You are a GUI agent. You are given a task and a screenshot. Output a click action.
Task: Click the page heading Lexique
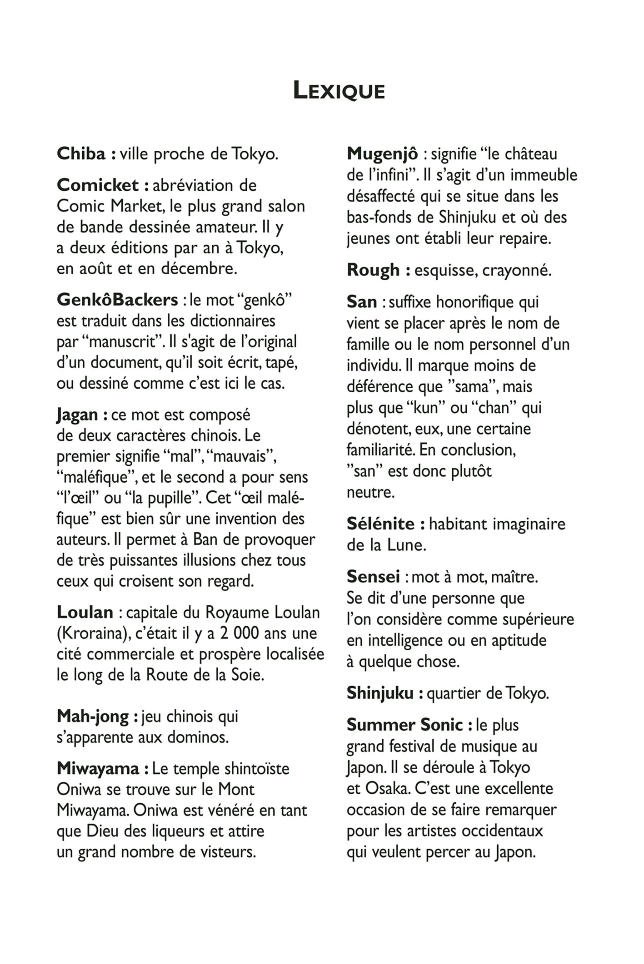339,90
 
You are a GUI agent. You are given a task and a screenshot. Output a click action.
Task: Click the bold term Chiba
81,154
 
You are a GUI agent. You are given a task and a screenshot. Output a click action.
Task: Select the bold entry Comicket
98,185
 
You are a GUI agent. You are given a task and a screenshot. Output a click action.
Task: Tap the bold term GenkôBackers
117,300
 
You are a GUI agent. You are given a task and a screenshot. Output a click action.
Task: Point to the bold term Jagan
77,415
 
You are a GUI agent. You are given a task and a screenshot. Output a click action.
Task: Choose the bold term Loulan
85,612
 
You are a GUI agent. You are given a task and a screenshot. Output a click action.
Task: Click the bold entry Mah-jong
93,717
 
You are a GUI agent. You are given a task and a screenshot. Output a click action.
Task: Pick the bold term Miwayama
98,769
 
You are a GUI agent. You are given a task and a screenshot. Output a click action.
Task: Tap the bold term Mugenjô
382,154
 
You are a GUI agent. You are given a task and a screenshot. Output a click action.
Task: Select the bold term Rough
373,270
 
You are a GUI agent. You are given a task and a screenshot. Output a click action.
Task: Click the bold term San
362,302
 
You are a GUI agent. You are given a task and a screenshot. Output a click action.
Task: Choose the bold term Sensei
373,577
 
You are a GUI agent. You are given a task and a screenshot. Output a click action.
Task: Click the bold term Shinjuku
380,693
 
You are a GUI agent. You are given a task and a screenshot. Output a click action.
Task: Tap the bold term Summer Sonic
404,725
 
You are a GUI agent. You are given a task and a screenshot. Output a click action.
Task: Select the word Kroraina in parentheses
93,633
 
